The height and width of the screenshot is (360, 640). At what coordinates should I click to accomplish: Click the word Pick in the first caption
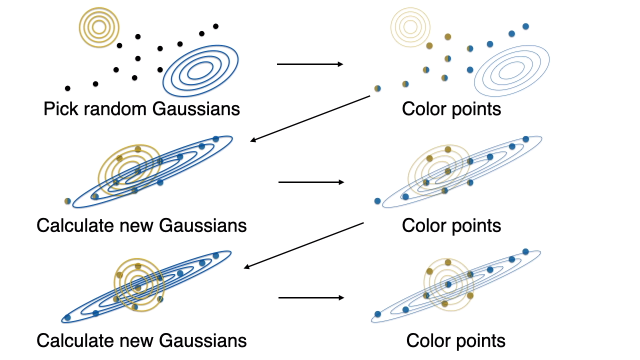(x=59, y=109)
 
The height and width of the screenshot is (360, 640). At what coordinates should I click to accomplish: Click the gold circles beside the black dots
(x=99, y=27)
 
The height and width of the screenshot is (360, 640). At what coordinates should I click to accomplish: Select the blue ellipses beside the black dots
(x=200, y=70)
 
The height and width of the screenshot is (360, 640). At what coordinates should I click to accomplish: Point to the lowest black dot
(x=67, y=88)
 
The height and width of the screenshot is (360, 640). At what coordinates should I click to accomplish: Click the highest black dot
(x=216, y=26)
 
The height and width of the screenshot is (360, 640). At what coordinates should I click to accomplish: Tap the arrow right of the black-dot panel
(x=310, y=64)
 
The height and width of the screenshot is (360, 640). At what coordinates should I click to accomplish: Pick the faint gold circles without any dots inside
(x=409, y=27)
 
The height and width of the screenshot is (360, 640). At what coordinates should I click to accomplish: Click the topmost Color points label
(x=451, y=109)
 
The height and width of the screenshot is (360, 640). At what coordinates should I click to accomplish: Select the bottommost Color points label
(x=455, y=341)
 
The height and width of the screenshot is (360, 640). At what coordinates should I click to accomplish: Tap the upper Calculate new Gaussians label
(x=141, y=225)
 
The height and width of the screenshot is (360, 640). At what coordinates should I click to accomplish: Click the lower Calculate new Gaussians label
(x=141, y=341)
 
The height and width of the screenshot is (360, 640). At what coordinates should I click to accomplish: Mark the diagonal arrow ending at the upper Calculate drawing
(x=310, y=118)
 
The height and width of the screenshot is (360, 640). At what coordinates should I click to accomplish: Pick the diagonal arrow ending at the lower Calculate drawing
(x=303, y=245)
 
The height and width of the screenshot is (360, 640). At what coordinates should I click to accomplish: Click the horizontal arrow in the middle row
(x=311, y=182)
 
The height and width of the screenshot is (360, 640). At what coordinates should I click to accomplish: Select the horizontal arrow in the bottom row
(x=311, y=298)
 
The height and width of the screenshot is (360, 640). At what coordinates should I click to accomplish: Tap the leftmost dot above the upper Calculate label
(x=67, y=201)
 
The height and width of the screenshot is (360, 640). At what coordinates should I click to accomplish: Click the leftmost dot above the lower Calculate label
(x=67, y=317)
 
